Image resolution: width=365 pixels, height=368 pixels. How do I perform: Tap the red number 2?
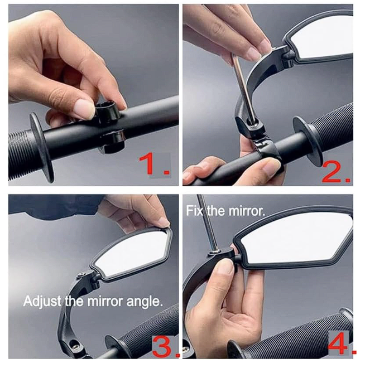336,173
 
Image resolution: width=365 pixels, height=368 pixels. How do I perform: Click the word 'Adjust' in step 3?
42,301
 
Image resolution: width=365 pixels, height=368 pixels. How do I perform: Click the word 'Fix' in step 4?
194,211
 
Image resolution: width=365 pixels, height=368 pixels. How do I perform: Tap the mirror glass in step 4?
296,237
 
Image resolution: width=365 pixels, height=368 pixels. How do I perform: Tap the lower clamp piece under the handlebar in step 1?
112,142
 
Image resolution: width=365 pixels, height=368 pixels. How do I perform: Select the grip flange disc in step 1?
42,147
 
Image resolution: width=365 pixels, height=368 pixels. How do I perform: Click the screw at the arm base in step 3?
75,347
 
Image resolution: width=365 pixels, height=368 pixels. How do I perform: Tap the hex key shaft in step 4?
208,223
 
